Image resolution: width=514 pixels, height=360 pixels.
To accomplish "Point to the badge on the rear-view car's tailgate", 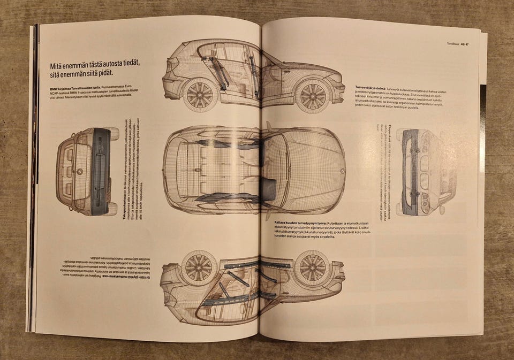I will [x=80, y=172].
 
